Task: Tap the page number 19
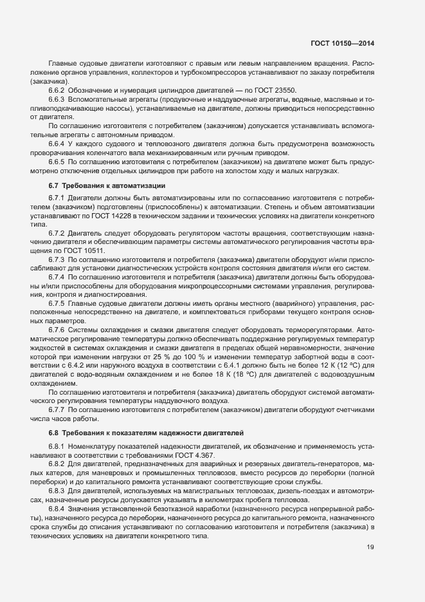370,548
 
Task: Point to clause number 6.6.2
57,90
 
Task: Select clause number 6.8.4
57,509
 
